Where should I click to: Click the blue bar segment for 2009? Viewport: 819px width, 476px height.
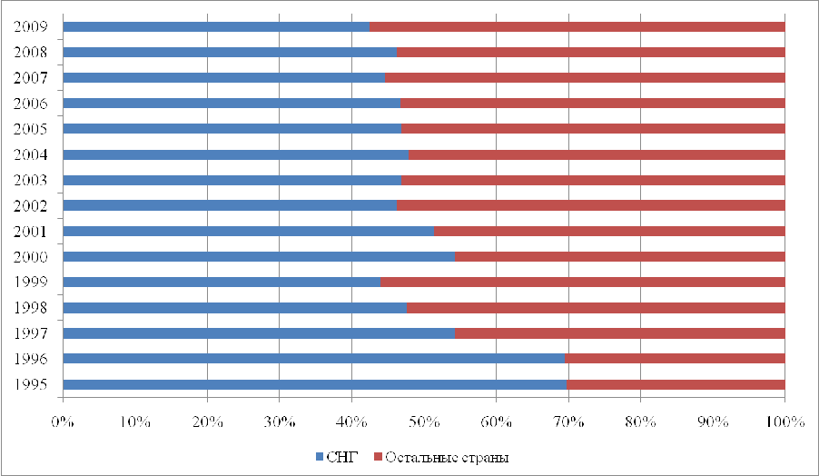[x=216, y=26]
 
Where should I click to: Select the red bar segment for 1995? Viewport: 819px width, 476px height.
[x=676, y=384]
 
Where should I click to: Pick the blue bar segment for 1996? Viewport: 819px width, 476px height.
[x=313, y=359]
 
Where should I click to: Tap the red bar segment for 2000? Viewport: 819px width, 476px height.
[x=619, y=257]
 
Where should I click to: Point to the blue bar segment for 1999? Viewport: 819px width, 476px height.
[x=222, y=283]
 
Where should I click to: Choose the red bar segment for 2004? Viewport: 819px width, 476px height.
[x=596, y=154]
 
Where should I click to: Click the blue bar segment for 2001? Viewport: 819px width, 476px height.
[x=248, y=231]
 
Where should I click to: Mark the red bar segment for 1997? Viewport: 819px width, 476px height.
[x=619, y=333]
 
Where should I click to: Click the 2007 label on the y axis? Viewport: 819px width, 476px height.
[x=31, y=77]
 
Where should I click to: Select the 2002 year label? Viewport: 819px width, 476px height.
[x=31, y=205]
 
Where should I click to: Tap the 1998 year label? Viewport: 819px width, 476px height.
[x=31, y=307]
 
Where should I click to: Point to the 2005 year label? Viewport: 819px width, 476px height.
[x=31, y=128]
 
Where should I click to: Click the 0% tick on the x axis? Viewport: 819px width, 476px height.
[x=63, y=422]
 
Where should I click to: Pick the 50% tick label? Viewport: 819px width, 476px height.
[x=424, y=422]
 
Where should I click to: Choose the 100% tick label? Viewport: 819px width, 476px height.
[x=784, y=422]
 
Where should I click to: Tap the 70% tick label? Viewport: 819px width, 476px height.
[x=568, y=422]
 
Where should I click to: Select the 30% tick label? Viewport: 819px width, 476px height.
[x=279, y=422]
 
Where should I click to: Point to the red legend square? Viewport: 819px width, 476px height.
[x=378, y=455]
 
